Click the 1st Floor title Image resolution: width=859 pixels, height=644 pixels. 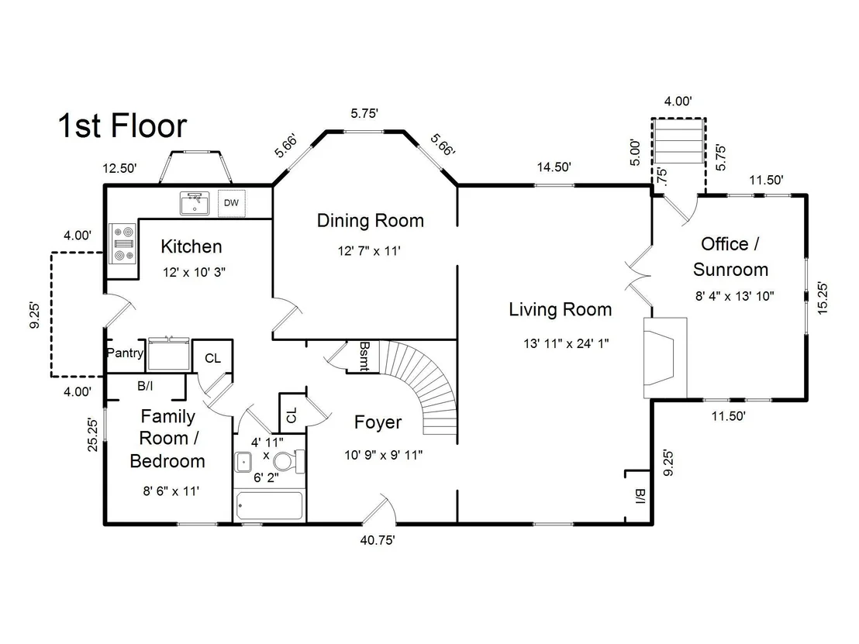(x=122, y=126)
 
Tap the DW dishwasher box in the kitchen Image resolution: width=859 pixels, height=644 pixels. (x=231, y=203)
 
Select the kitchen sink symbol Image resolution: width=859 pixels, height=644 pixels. (x=195, y=203)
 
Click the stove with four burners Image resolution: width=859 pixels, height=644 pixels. (x=122, y=243)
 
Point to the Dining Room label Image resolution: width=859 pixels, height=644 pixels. (x=371, y=221)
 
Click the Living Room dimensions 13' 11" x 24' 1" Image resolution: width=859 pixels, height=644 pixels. (x=566, y=344)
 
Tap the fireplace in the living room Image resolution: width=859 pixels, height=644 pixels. (x=665, y=357)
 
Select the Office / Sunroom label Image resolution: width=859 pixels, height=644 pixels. (x=730, y=257)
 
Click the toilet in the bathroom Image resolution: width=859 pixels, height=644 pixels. (x=288, y=461)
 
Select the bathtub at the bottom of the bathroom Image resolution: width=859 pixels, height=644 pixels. (x=270, y=505)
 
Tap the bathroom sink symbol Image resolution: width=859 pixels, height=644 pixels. (x=243, y=462)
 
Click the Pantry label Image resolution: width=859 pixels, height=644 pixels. (x=125, y=353)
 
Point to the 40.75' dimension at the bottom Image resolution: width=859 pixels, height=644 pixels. (x=378, y=540)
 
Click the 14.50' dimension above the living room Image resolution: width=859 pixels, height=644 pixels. (x=554, y=167)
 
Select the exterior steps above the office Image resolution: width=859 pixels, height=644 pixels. (x=678, y=141)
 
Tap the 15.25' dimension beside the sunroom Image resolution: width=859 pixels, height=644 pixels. (x=823, y=298)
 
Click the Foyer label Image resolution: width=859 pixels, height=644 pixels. (x=378, y=422)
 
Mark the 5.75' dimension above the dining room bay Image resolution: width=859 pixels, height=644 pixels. (x=365, y=113)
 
